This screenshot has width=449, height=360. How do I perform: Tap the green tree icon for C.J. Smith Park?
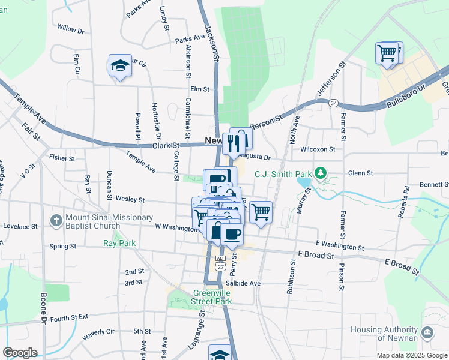coord(321,174)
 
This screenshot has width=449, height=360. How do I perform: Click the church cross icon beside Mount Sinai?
coord(56,220)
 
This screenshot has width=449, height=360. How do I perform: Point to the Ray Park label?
coord(119,243)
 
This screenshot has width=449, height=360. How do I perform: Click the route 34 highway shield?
coord(333,103)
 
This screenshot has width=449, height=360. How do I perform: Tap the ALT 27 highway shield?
coord(220,262)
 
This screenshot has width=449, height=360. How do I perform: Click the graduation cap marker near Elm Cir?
coord(120,65)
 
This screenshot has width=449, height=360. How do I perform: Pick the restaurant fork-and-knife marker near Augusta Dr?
coord(234,142)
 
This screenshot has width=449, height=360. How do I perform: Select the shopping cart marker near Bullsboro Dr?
coord(387,52)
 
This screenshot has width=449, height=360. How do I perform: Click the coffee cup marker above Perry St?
coord(232,233)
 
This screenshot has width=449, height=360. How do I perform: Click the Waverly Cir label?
coord(98,334)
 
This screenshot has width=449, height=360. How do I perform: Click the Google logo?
coord(20,353)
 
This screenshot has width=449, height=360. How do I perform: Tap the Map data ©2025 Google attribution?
coord(411,355)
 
